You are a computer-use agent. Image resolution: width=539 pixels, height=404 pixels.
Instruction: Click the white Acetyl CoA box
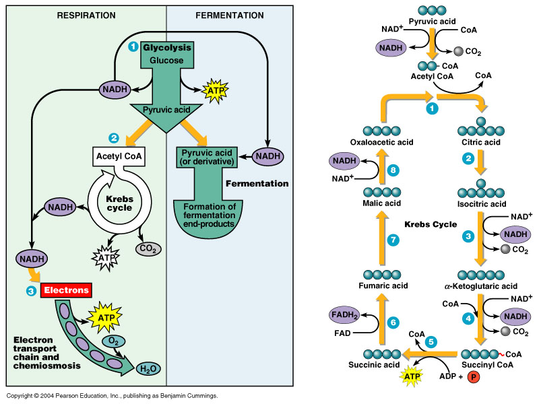[x=120, y=158]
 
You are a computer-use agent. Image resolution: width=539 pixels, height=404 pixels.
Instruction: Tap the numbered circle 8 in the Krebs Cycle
[x=394, y=172]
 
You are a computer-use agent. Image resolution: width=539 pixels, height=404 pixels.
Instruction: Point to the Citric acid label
[x=478, y=142]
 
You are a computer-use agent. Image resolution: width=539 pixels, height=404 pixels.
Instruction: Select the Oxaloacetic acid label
[x=381, y=142]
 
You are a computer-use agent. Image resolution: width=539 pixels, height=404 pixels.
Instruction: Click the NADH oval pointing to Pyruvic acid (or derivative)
[x=267, y=156]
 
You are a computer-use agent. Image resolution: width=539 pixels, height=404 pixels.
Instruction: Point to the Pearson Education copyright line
[x=112, y=396]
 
